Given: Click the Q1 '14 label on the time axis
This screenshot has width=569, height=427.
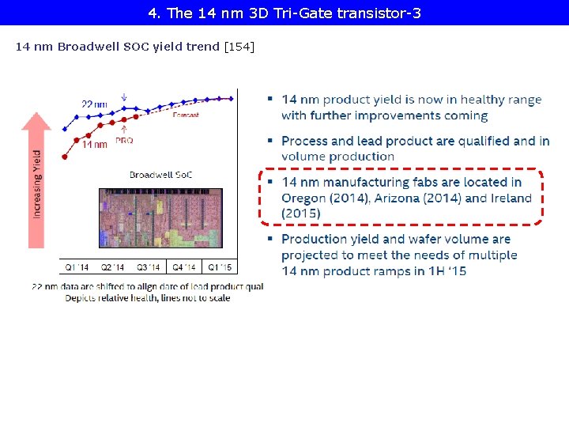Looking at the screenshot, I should [77, 267].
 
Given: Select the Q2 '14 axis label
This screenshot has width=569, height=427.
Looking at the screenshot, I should [111, 267].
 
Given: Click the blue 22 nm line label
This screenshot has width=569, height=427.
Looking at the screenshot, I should [94, 104].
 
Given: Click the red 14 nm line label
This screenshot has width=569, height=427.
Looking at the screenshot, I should [95, 145].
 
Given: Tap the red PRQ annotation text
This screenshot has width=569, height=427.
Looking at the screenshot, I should [124, 140].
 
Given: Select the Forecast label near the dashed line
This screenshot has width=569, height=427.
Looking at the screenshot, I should [186, 115].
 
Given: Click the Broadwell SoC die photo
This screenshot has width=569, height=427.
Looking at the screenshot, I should [149, 217].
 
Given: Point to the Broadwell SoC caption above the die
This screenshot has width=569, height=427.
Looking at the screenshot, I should [160, 175].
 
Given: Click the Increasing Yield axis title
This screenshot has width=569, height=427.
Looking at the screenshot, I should [37, 184].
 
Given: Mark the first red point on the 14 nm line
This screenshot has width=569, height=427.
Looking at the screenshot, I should [65, 157].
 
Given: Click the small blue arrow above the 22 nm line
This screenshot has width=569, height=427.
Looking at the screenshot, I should [123, 98].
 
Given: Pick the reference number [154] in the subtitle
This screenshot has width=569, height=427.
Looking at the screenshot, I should [239, 47].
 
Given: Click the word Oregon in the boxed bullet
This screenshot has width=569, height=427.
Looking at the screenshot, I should [304, 198].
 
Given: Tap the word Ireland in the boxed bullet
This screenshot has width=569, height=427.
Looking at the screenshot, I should [510, 198].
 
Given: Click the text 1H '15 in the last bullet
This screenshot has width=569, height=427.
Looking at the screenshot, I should [447, 270].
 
